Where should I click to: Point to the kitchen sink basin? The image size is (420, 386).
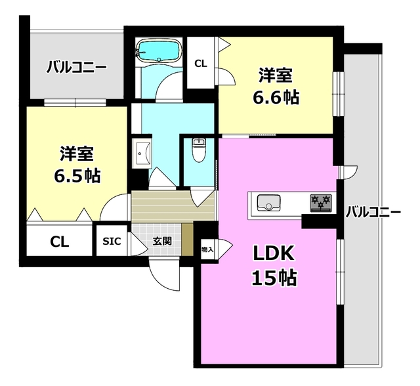[268, 202]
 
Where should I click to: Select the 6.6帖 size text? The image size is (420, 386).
[276, 97]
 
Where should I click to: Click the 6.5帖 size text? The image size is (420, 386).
[77, 176]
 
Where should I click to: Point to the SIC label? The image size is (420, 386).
[111, 242]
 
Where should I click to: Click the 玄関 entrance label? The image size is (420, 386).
[163, 242]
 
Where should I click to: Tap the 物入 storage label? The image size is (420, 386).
[207, 249]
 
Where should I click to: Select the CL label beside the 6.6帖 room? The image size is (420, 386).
[201, 64]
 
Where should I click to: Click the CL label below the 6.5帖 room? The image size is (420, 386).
[60, 242]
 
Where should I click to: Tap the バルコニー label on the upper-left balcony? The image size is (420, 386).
[76, 66]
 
